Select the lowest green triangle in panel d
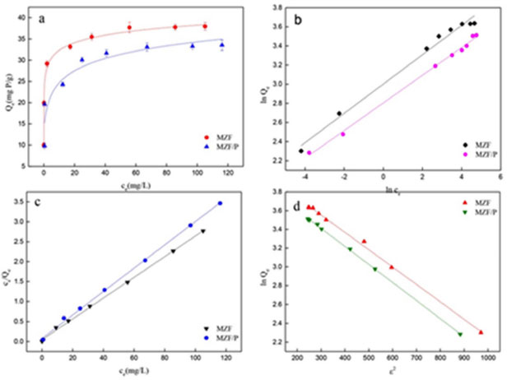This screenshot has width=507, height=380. pyautogui.click(x=460, y=334)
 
